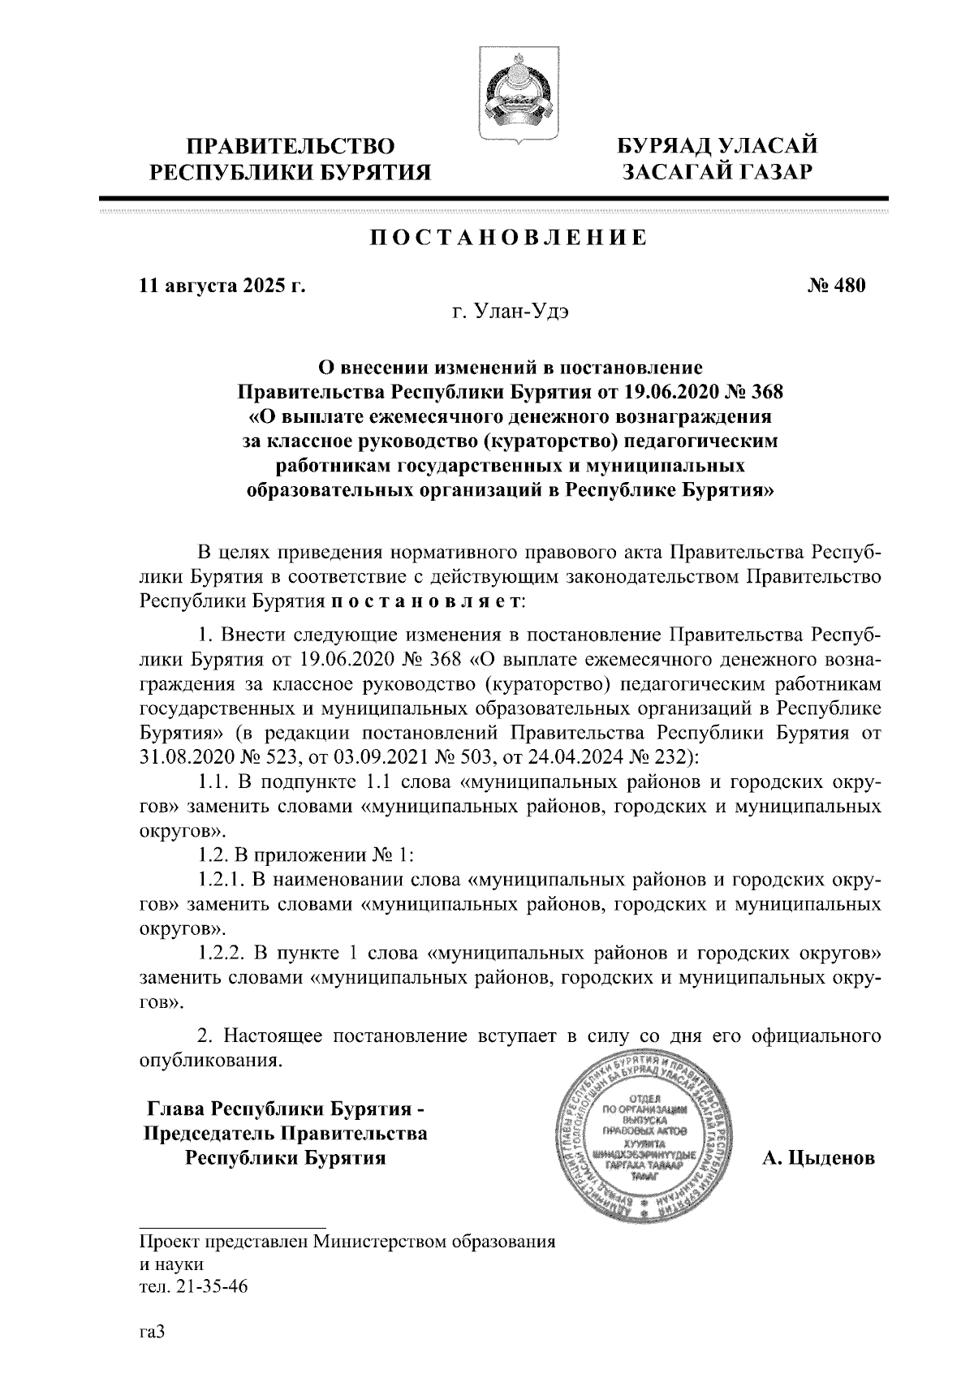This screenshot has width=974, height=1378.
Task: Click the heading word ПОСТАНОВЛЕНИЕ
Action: (x=509, y=238)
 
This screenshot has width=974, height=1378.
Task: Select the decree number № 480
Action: (x=838, y=286)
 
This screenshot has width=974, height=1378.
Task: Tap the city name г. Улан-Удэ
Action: (x=510, y=312)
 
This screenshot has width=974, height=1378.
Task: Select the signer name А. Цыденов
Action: (x=818, y=1158)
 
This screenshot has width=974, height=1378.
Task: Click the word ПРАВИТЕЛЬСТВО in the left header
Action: (x=291, y=147)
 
